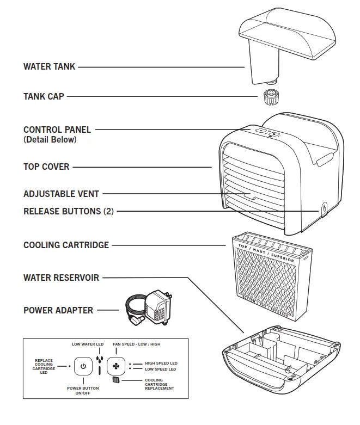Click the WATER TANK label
tap(49, 67)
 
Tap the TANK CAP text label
tap(44, 96)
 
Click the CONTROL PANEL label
tap(57, 130)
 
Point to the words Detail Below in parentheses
tap(50, 139)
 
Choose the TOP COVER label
tap(46, 167)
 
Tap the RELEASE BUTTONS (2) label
tap(69, 211)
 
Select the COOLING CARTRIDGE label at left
tap(66, 245)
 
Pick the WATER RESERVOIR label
tap(61, 278)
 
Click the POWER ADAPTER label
tap(58, 310)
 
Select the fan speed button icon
tap(116, 366)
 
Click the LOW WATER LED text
tap(88, 344)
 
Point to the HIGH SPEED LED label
tap(161, 363)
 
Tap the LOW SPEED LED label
tap(160, 369)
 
